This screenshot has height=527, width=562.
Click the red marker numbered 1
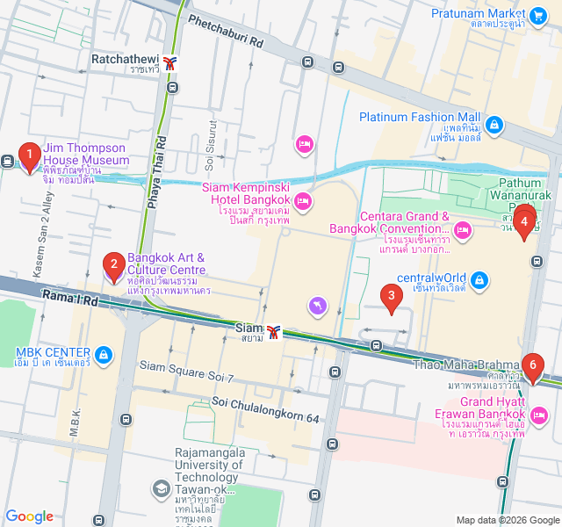(29, 157)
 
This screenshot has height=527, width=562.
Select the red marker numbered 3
(392, 298)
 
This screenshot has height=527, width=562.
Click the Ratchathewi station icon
(169, 62)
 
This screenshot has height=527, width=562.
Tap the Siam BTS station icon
(275, 331)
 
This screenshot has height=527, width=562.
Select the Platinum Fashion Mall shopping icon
(495, 125)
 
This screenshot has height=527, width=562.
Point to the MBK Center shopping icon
(104, 355)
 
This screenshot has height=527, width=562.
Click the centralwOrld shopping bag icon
(479, 280)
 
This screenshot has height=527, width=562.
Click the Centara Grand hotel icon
(462, 230)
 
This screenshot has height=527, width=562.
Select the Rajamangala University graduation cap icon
(161, 487)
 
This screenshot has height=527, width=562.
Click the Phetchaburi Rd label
(226, 31)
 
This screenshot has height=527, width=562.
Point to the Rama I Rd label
(69, 300)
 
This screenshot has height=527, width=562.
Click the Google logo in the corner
(29, 516)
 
